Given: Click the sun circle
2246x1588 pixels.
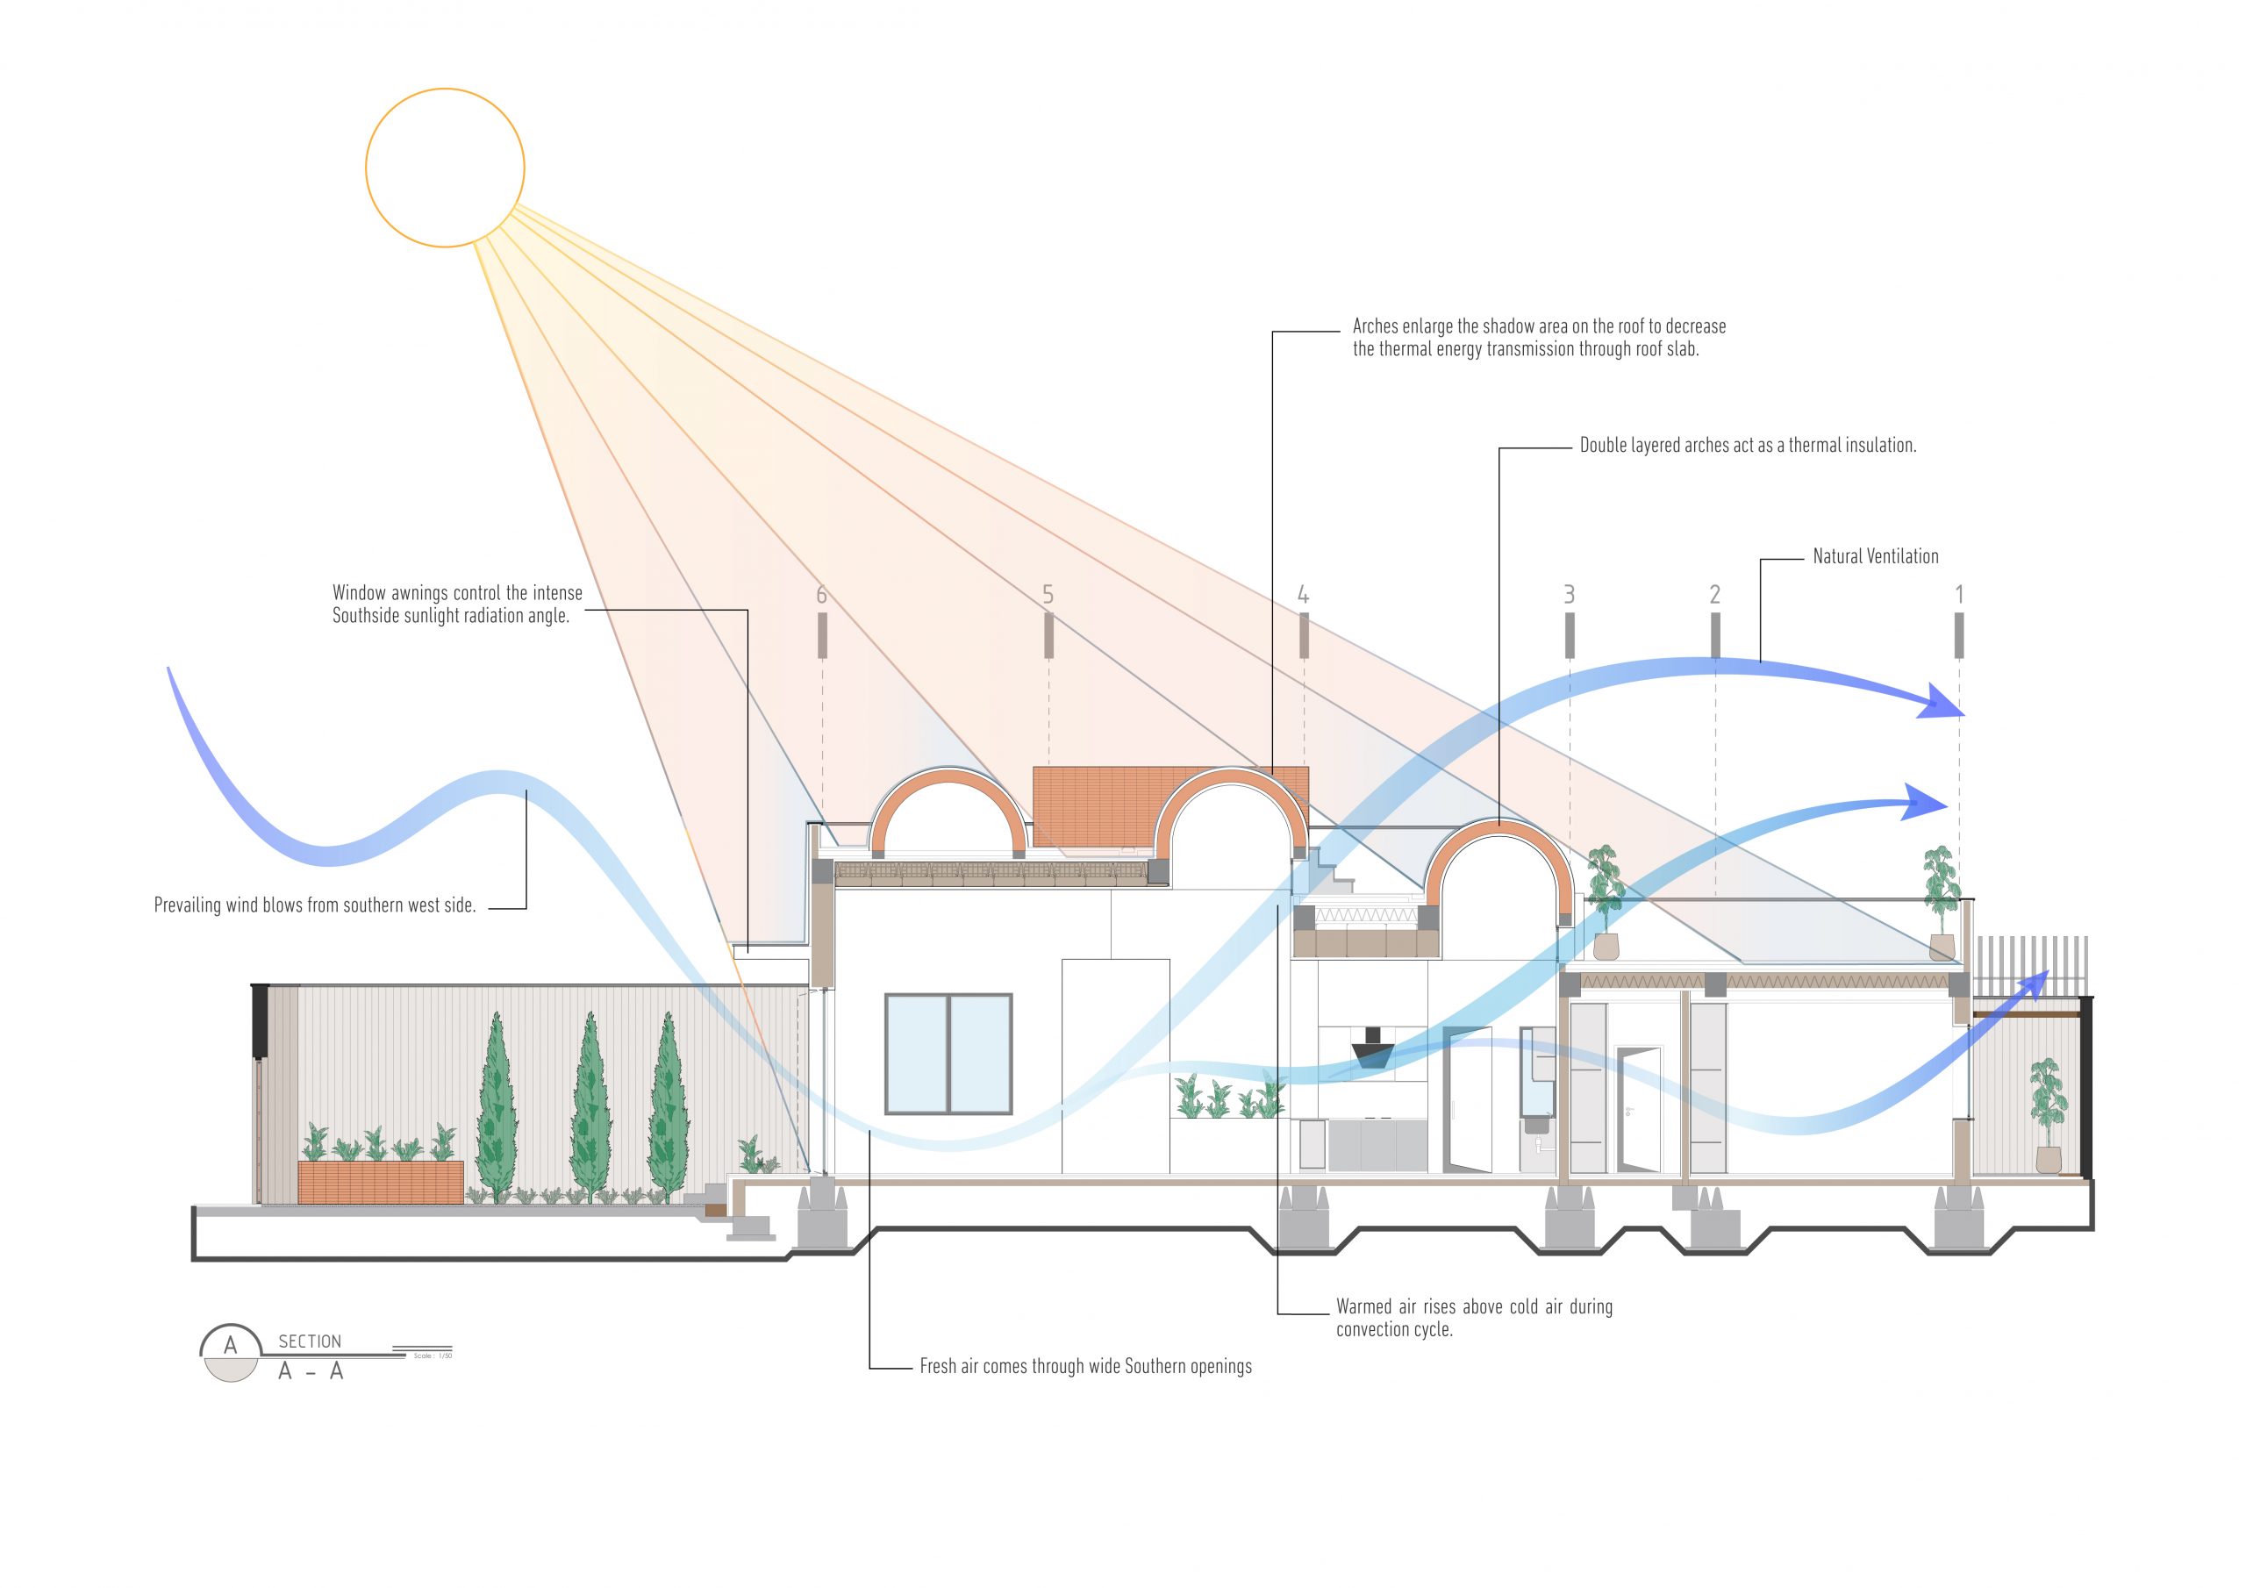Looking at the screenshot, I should click(445, 168).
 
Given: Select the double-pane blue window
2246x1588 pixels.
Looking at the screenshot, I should click(948, 1054).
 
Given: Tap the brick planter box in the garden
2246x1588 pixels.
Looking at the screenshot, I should click(381, 1182).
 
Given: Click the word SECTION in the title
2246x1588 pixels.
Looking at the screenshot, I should click(310, 1341).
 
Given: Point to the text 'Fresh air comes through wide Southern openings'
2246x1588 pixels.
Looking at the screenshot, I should click(1085, 1366).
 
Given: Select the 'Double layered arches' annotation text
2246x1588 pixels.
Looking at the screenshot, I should click(1747, 445).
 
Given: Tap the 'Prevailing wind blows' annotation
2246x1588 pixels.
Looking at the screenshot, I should click(315, 905).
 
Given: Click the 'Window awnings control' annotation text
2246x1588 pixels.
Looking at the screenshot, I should click(456, 604).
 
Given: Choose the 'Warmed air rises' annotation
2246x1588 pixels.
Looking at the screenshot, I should click(1473, 1318).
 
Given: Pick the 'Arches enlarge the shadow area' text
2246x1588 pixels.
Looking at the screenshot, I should click(1538, 338).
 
